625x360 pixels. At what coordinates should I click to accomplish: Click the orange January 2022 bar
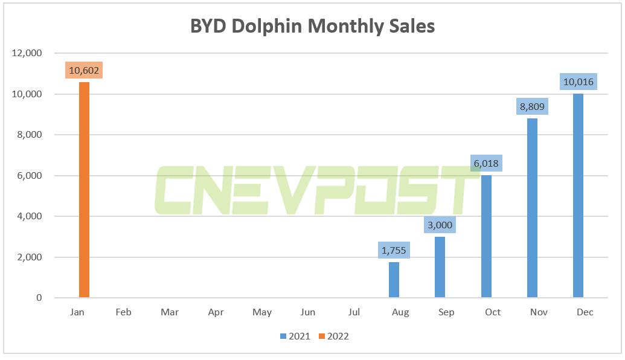point(84,190)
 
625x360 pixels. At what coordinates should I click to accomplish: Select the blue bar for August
point(394,280)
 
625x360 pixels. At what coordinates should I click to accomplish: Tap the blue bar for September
point(440,267)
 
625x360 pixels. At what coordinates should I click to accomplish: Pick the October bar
point(486,236)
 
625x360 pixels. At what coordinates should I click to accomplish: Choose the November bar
point(532,208)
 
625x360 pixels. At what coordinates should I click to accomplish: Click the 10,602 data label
point(84,71)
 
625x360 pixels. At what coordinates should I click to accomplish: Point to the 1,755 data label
point(394,250)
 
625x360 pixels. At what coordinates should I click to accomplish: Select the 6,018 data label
point(486,163)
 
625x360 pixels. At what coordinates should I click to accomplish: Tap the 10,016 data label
point(578,82)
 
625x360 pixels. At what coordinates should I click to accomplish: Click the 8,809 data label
point(532,106)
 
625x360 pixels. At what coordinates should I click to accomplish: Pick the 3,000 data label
point(440,225)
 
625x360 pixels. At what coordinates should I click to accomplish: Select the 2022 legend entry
point(333,336)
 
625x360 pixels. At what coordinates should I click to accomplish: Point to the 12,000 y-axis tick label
point(27,53)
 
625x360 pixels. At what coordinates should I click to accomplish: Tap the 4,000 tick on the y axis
point(30,216)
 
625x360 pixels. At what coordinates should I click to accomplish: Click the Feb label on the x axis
point(123,312)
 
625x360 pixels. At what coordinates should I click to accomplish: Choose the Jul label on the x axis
point(354,312)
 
